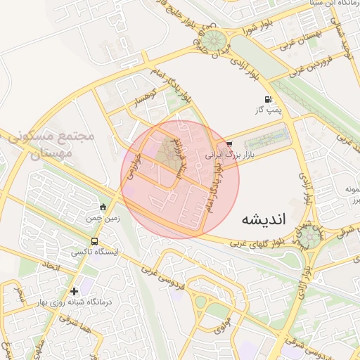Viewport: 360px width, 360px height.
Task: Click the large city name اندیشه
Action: [264, 218]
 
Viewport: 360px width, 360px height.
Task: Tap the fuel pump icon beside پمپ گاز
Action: [267, 99]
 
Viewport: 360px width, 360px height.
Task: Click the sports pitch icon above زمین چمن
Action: [103, 207]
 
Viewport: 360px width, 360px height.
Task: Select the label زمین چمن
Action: [100, 219]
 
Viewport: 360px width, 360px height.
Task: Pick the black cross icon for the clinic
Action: [74, 290]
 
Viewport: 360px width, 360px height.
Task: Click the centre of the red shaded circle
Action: [180, 180]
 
